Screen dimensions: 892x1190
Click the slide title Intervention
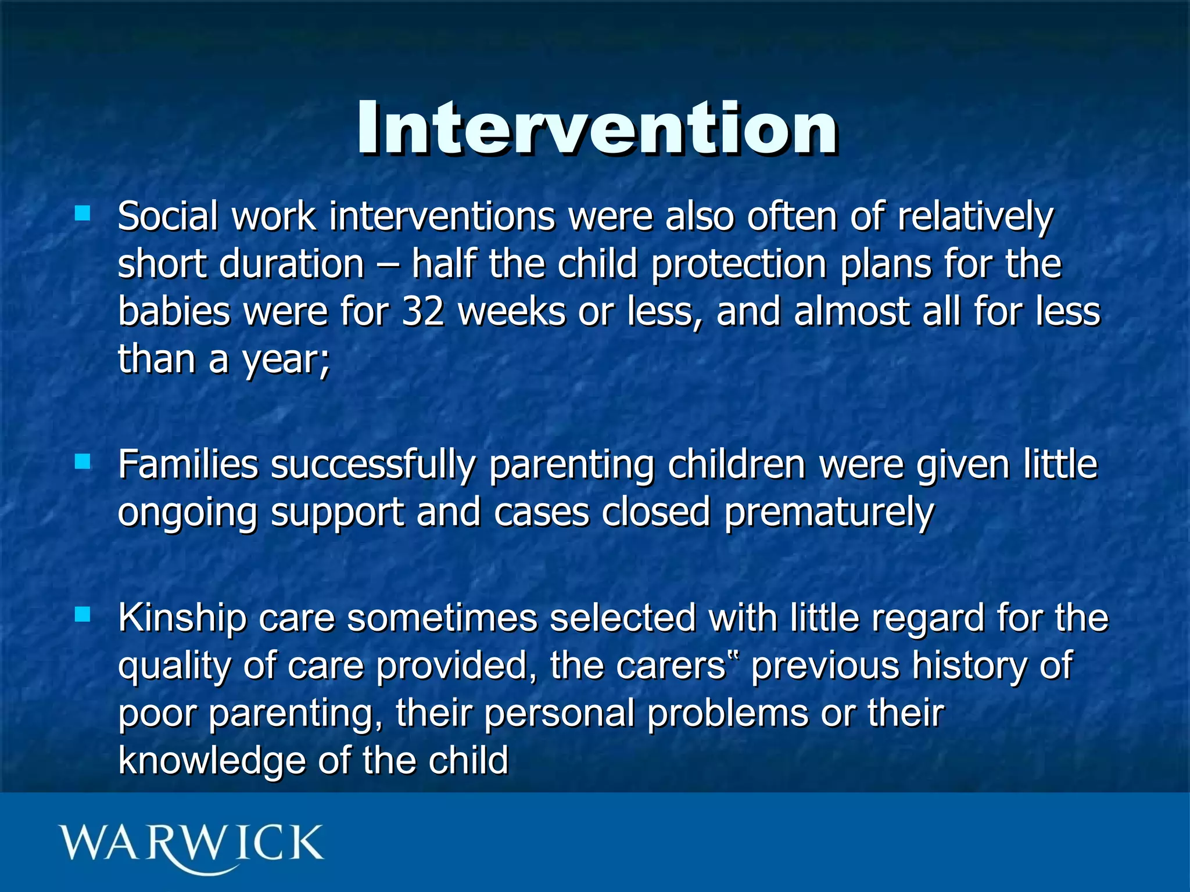pyautogui.click(x=597, y=129)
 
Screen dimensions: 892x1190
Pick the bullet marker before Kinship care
pyautogui.click(x=83, y=614)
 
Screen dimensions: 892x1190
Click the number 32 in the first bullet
pyautogui.click(x=422, y=312)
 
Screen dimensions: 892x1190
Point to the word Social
pyautogui.click(x=168, y=216)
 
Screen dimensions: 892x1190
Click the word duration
pyautogui.click(x=292, y=264)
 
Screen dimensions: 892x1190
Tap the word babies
pyautogui.click(x=174, y=312)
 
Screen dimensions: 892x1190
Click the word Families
pyautogui.click(x=188, y=465)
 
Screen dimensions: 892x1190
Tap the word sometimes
pyautogui.click(x=442, y=617)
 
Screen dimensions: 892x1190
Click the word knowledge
pyautogui.click(x=212, y=761)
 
